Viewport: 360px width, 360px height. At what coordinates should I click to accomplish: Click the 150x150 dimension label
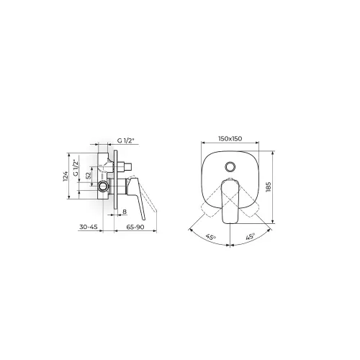tap(230, 139)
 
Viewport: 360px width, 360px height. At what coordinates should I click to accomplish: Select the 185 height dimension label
tap(269, 187)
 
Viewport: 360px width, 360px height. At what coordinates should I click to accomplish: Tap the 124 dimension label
tap(66, 176)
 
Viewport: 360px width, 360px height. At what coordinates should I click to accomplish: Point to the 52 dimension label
tap(89, 175)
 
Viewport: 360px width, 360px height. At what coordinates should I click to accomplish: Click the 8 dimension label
tap(125, 212)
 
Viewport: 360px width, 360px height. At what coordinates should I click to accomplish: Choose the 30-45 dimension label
tap(89, 227)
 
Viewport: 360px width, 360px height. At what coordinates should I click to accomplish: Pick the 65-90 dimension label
tap(135, 227)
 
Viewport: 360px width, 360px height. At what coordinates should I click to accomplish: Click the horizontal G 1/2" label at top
tap(127, 141)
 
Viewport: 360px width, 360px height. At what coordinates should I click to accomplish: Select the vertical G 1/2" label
tap(76, 168)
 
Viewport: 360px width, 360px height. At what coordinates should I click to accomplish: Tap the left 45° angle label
tap(210, 237)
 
